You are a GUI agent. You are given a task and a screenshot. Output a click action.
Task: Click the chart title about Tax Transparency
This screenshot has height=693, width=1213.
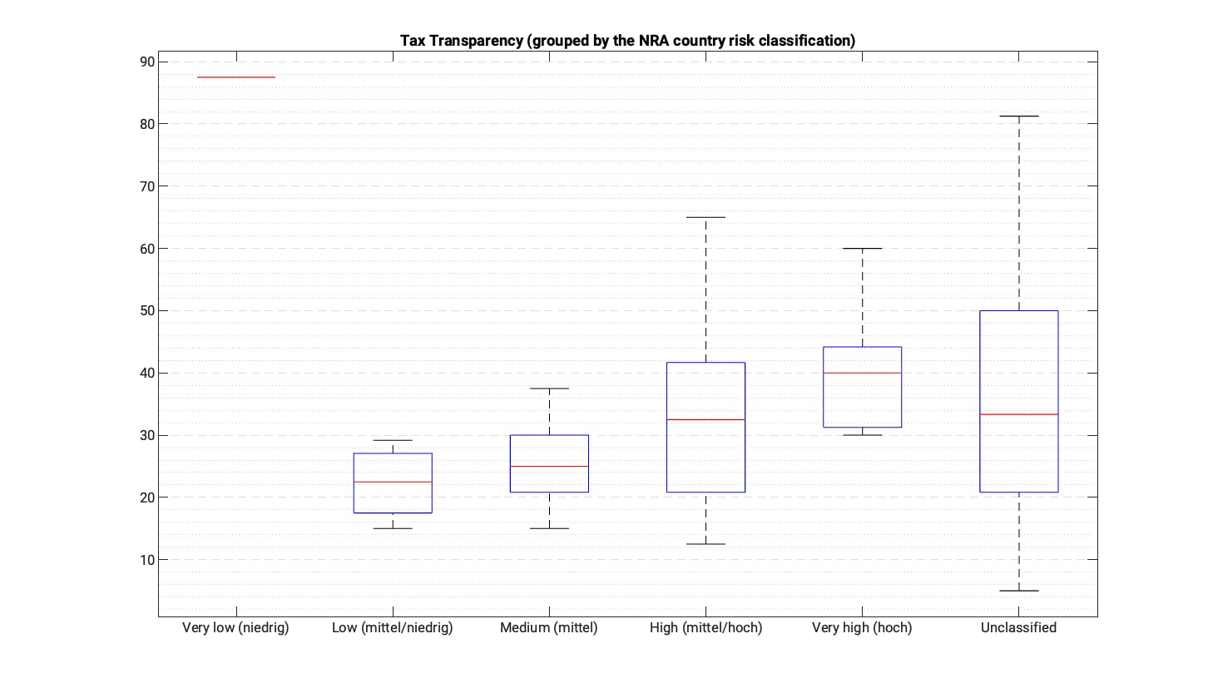pyautogui.click(x=627, y=41)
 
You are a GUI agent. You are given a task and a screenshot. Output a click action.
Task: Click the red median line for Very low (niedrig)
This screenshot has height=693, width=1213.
pyautogui.click(x=236, y=77)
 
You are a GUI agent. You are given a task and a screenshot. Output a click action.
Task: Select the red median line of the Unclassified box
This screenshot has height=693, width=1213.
pyautogui.click(x=1018, y=414)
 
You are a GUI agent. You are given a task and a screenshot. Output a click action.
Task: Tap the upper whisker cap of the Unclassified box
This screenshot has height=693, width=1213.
pyautogui.click(x=1018, y=116)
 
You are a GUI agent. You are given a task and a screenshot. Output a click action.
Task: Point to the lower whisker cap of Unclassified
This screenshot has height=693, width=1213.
pyautogui.click(x=1018, y=591)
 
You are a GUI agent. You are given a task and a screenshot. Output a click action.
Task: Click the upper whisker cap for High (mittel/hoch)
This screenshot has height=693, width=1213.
pyautogui.click(x=706, y=217)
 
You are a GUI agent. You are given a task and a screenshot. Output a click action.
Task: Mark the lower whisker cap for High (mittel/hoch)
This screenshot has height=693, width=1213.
pyautogui.click(x=706, y=544)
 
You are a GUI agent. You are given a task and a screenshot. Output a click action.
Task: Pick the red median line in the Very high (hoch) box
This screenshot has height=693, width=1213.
pyautogui.click(x=862, y=373)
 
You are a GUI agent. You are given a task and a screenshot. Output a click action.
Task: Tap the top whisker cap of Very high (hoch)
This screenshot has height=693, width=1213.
pyautogui.click(x=862, y=249)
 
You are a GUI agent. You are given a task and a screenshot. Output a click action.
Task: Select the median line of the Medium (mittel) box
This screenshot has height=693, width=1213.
pyautogui.click(x=549, y=466)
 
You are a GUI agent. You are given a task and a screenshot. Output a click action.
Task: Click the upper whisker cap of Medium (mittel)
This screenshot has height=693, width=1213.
pyautogui.click(x=549, y=389)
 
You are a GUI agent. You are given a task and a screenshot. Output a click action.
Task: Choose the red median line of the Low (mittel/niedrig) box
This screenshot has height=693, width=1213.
pyautogui.click(x=393, y=482)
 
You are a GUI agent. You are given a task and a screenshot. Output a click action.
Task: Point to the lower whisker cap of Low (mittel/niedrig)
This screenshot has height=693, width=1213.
pyautogui.click(x=393, y=528)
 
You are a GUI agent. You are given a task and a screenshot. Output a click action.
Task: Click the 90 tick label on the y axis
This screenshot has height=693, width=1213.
pyautogui.click(x=147, y=62)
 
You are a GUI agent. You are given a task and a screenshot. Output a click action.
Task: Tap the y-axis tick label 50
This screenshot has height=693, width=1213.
pyautogui.click(x=147, y=310)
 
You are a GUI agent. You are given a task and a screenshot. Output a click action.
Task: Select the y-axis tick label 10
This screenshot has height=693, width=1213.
pyautogui.click(x=147, y=560)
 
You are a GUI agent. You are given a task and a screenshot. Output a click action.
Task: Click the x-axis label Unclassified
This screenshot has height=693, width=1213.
pyautogui.click(x=1018, y=628)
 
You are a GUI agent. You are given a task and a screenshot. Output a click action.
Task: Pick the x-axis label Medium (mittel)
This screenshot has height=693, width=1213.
pyautogui.click(x=549, y=628)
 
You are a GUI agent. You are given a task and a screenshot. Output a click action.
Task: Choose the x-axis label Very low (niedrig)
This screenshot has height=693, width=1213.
pyautogui.click(x=235, y=628)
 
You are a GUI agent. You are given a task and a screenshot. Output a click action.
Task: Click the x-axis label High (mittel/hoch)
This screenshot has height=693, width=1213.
pyautogui.click(x=706, y=628)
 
